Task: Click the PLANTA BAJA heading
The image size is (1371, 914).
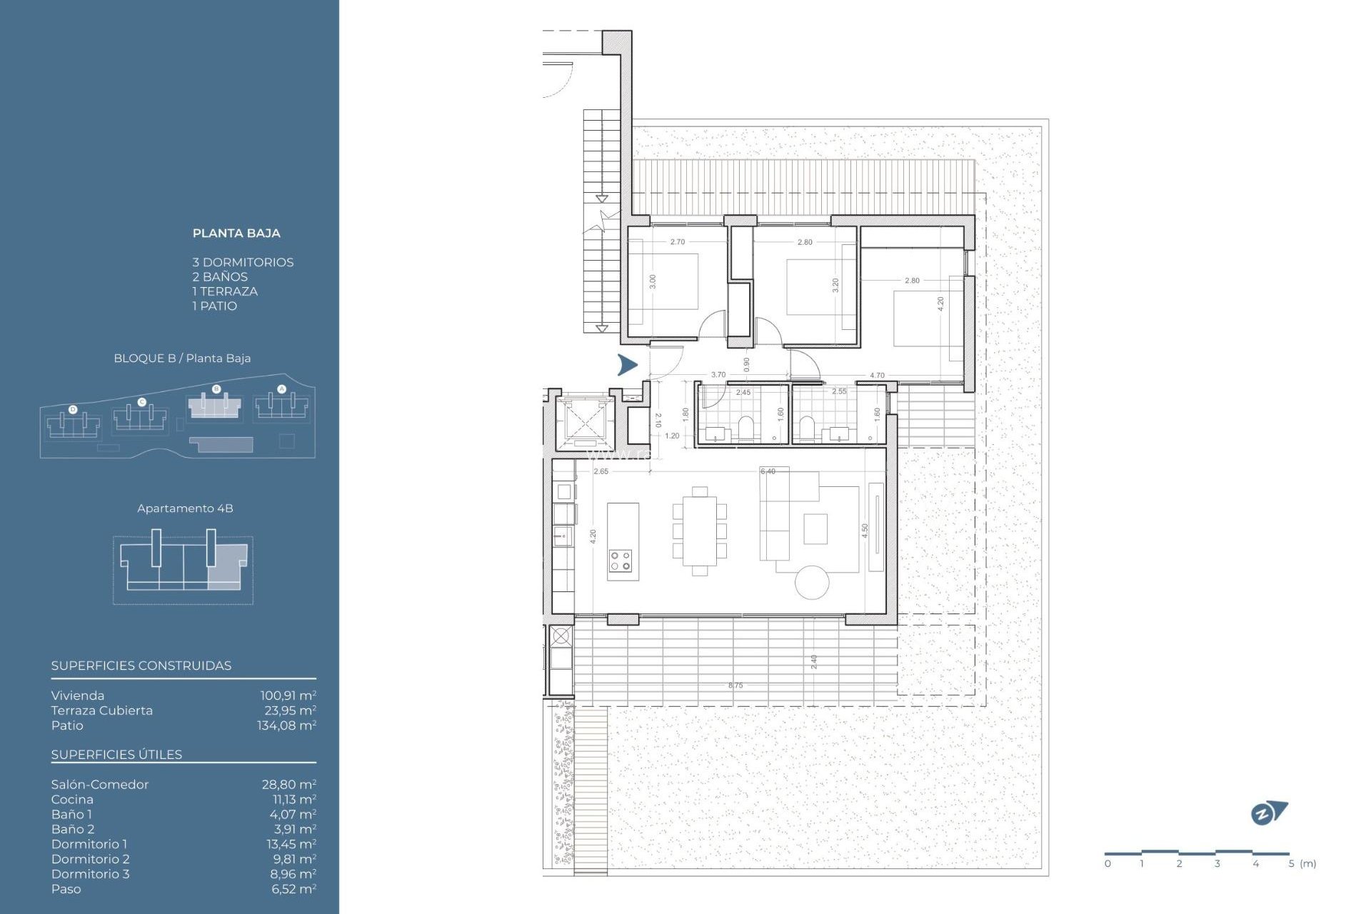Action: tap(236, 233)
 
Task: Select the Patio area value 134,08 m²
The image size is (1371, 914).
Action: tap(286, 725)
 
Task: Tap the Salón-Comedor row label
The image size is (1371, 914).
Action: tap(99, 785)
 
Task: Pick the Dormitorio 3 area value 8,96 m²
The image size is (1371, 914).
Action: tap(293, 874)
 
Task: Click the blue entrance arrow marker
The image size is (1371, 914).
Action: tap(627, 365)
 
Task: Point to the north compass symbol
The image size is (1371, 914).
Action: tap(1268, 813)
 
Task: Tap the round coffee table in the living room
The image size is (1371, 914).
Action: tap(812, 582)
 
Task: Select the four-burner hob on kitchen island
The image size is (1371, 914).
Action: tap(621, 561)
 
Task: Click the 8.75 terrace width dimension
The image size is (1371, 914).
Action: tap(735, 685)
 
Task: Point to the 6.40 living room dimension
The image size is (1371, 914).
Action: tap(768, 471)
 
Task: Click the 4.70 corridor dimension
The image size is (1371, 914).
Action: tap(877, 375)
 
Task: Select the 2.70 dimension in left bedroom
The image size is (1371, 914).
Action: tap(677, 242)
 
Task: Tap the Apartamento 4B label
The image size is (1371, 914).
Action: tap(185, 508)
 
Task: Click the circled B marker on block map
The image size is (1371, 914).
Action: tap(216, 389)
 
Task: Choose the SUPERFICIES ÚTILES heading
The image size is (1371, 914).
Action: tap(116, 755)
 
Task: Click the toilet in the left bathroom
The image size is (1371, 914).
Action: tap(745, 427)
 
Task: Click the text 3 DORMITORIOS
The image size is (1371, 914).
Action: tap(243, 263)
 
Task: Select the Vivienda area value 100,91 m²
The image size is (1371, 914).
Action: tap(288, 695)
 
